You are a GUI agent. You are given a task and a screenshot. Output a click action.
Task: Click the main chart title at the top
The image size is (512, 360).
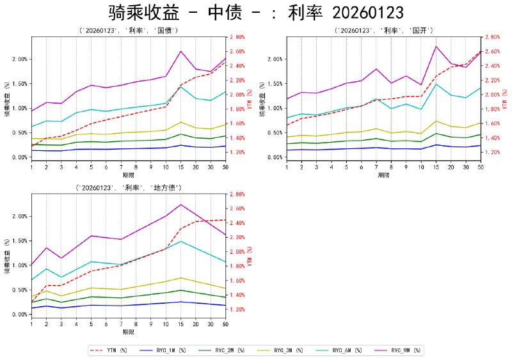[256, 13]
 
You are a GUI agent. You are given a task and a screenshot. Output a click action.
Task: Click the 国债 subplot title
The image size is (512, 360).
[128, 31]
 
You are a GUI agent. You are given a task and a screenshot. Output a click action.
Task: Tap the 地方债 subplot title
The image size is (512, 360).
[128, 188]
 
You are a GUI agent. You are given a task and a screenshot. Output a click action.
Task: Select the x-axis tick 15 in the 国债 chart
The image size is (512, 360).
[181, 167]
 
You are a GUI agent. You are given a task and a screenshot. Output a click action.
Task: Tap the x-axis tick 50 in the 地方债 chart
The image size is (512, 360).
[225, 324]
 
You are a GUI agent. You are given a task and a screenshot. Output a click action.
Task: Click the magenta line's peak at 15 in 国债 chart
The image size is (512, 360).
[181, 51]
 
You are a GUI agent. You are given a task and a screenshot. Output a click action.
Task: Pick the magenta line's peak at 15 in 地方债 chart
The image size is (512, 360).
[181, 204]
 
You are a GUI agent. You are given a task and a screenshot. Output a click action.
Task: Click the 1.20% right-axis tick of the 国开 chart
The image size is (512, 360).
[493, 152]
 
